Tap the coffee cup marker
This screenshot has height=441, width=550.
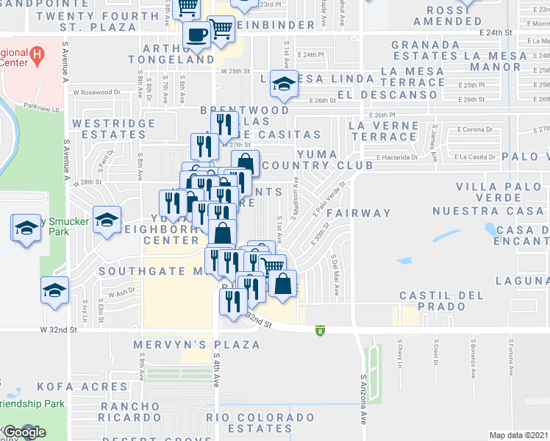pos(197,34)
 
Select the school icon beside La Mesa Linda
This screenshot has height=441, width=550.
pos(282,84)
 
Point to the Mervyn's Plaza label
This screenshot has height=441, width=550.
pos(196,344)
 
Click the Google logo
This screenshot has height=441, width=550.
pos(24,432)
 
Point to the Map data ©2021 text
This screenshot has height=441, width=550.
pos(518,435)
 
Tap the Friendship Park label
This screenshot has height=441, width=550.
pos(33,404)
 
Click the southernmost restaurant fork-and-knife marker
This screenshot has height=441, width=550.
pos(233,301)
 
